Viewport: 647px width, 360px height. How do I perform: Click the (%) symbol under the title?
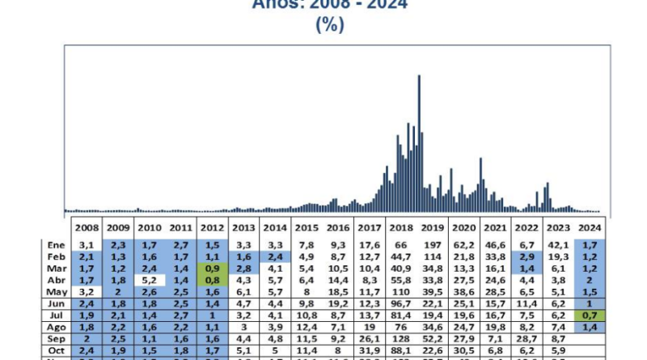pos(329,25)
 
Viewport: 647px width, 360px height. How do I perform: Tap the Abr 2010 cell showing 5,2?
pos(150,278)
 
